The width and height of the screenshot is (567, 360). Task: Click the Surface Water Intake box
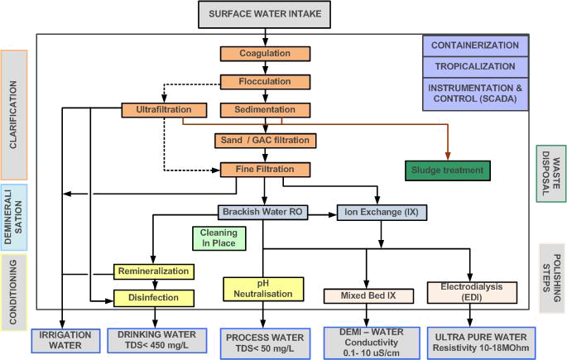265,15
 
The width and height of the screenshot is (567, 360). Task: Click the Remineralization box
154,271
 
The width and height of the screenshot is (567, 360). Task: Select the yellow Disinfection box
154,297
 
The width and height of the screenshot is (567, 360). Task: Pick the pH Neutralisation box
259,289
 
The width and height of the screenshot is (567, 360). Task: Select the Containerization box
475,46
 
